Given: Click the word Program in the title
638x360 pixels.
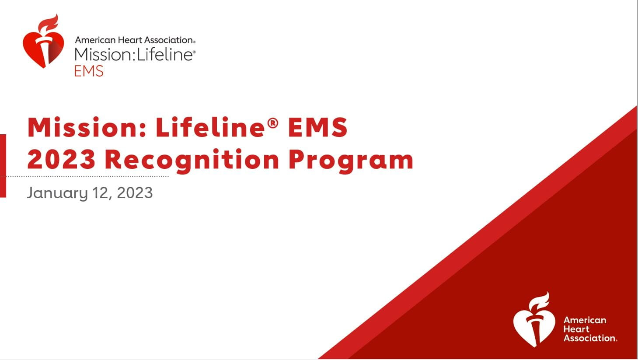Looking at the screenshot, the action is [351, 161].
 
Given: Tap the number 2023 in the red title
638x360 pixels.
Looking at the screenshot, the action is [61, 160].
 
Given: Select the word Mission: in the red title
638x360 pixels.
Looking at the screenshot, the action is [87, 127].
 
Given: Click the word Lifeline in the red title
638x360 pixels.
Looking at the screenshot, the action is [210, 127].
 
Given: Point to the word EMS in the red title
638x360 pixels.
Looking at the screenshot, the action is [318, 127].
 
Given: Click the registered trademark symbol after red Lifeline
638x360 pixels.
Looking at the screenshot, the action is [272, 123].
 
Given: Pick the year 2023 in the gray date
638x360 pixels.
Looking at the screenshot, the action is [135, 193].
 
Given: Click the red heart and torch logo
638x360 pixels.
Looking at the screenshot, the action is [43, 41].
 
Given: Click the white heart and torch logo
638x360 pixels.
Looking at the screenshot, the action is [534, 320].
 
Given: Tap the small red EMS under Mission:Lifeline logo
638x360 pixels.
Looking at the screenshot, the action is [89, 71].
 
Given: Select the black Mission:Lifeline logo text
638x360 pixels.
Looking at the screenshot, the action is [135, 54].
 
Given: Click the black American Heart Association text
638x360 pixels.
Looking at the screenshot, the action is [135, 40].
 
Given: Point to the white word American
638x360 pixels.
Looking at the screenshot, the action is [585, 320].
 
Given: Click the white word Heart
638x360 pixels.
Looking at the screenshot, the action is [576, 329].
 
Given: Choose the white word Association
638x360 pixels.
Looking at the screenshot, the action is [590, 338].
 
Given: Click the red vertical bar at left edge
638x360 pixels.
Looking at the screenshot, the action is [3, 166].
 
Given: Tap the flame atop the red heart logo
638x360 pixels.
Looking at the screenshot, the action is [49, 22].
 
